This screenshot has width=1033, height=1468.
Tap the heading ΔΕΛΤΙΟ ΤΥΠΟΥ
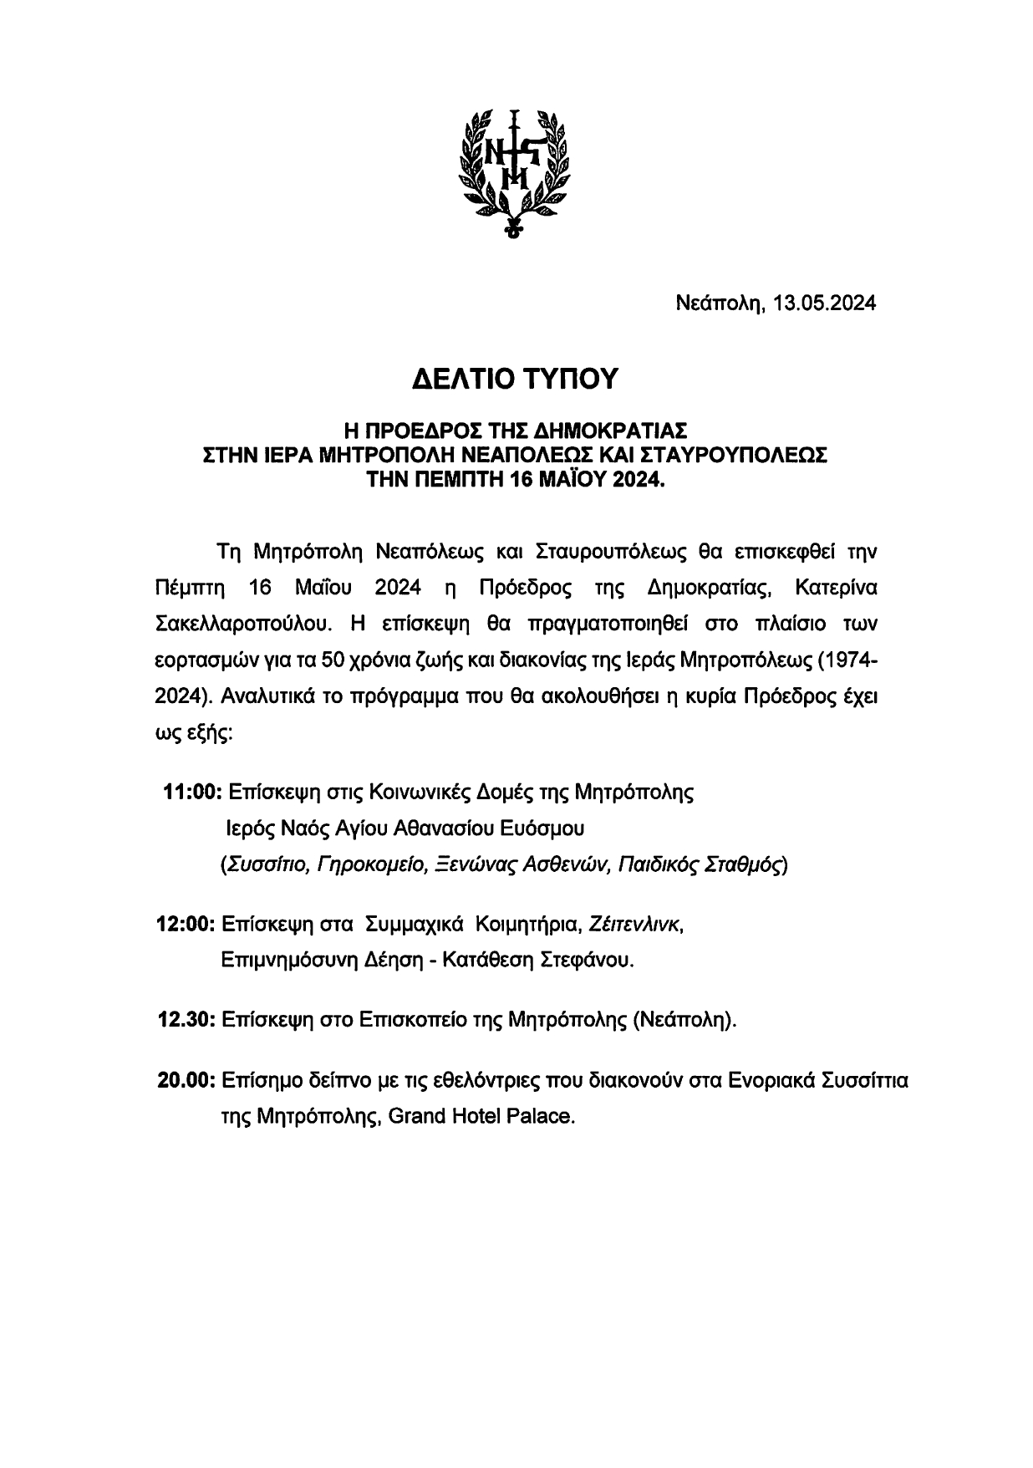pyautogui.click(x=516, y=379)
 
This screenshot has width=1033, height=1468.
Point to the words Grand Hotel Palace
pyautogui.click(x=485, y=1116)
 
